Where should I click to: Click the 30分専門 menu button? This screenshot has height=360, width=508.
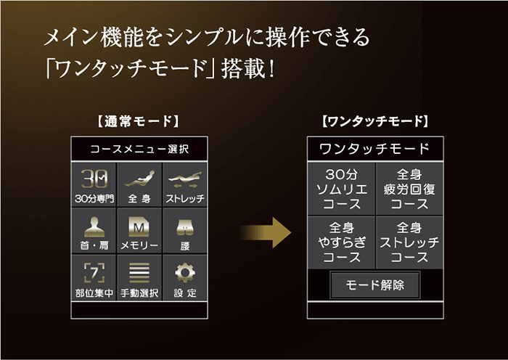click(x=94, y=184)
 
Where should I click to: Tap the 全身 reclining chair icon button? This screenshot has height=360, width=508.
click(x=139, y=184)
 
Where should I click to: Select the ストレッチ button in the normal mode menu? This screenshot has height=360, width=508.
click(x=185, y=184)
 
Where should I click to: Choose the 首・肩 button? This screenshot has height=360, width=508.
click(x=94, y=231)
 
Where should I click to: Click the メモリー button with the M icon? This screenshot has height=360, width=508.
click(x=139, y=231)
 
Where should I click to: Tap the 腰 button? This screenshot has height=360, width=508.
click(x=185, y=231)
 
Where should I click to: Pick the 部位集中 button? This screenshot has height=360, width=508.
click(x=94, y=278)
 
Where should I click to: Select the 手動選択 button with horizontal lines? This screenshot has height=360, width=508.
click(x=139, y=278)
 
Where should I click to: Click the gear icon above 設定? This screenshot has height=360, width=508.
click(x=185, y=272)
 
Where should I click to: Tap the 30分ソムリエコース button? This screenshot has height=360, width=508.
click(x=342, y=189)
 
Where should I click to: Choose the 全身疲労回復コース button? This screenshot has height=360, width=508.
click(x=409, y=189)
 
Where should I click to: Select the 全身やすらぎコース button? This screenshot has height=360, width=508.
click(x=342, y=242)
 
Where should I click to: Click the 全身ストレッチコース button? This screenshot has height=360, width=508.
click(x=409, y=242)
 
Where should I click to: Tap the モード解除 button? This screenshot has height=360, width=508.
click(x=375, y=285)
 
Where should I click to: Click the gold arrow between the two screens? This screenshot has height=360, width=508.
click(x=266, y=233)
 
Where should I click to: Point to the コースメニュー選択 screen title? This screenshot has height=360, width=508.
click(x=139, y=149)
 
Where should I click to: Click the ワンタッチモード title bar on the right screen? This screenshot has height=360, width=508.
click(x=375, y=149)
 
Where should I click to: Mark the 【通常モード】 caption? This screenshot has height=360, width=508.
click(x=139, y=121)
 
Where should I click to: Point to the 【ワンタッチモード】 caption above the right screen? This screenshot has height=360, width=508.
click(x=375, y=121)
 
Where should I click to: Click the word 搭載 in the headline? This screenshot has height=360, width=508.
click(x=244, y=68)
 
